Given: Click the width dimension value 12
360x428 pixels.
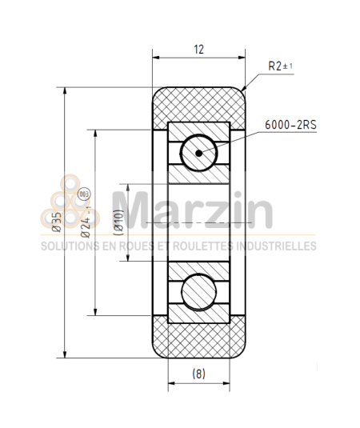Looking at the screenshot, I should click(x=198, y=49).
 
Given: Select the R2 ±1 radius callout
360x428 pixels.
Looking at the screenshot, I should click(x=281, y=66).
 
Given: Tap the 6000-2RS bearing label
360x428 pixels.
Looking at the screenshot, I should click(x=288, y=126).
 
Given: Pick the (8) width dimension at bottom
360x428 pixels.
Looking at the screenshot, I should click(x=198, y=374).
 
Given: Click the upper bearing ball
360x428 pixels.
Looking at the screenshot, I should click(x=198, y=151).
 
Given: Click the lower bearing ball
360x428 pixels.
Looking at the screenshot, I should click(x=198, y=290).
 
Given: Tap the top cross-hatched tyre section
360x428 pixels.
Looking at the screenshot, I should click(x=198, y=104).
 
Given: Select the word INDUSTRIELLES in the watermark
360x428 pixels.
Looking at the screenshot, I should click(x=281, y=246).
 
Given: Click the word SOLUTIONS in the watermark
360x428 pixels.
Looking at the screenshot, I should click(x=65, y=246).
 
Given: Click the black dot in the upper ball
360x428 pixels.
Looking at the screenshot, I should click(x=198, y=151).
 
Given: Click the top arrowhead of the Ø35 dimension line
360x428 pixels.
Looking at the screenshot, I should click(x=65, y=91).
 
